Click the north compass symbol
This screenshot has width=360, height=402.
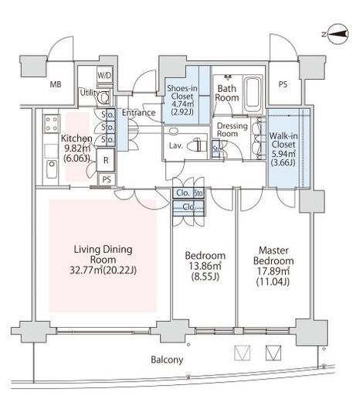click(338, 34)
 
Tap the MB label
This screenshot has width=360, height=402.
click(56, 84)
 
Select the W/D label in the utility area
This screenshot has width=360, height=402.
click(104, 75)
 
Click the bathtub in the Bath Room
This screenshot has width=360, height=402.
click(253, 94)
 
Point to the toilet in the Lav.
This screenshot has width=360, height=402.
click(195, 145)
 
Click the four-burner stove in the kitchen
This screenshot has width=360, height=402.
click(52, 124)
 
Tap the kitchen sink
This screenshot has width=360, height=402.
click(52, 169)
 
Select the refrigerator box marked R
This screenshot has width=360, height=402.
click(106, 160)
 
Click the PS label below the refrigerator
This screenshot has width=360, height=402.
click(107, 179)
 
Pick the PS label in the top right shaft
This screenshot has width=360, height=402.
click(283, 84)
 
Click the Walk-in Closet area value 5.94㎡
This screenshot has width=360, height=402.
click(284, 154)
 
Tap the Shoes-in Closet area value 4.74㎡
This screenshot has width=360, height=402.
click(182, 104)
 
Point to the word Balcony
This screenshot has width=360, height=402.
click(167, 359)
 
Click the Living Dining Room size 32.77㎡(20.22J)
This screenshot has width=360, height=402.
click(103, 271)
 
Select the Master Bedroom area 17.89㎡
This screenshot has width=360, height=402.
click(273, 271)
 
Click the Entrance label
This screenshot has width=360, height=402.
click(138, 113)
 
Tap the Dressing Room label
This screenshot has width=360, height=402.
click(231, 130)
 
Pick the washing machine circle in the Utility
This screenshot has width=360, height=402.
click(104, 98)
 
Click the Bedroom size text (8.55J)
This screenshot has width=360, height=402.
click(205, 277)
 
